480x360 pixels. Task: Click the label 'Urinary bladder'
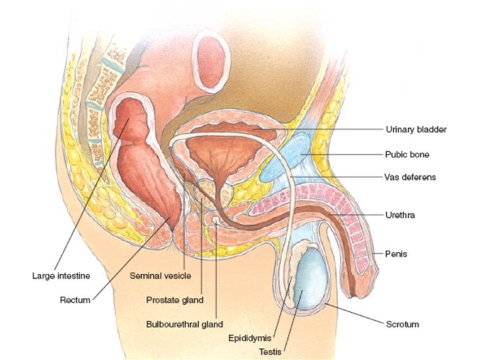point(415,129)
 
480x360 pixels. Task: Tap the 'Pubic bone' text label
point(407,154)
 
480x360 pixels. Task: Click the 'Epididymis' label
point(248,337)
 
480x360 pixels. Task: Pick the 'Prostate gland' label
point(175,299)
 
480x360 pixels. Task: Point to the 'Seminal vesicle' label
point(160,275)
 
